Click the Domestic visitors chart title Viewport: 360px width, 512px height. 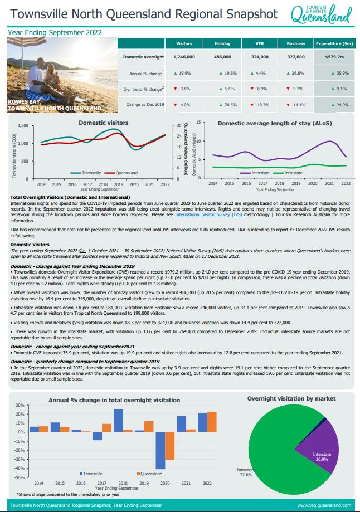tap(103, 122)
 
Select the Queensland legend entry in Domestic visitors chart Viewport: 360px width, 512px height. tap(120, 173)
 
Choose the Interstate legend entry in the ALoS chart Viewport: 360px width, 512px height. tap(259, 173)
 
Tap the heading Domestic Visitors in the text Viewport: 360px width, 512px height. tap(29, 245)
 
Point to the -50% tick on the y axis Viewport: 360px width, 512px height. tap(19, 477)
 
